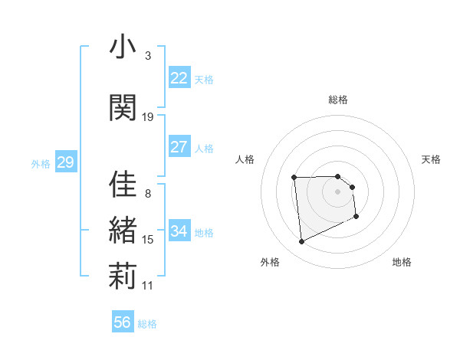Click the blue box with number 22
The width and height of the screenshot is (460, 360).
point(179,78)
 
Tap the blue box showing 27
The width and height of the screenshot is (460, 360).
point(179,147)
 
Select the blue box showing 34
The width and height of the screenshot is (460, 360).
point(179,231)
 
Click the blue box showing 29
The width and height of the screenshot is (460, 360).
point(65,162)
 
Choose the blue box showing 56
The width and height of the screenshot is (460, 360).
point(123,322)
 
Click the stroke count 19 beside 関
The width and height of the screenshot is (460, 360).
point(148,116)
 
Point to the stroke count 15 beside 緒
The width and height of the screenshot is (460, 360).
point(148,240)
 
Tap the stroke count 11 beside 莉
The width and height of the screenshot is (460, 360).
point(148,286)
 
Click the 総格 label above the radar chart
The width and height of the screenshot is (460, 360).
point(338,100)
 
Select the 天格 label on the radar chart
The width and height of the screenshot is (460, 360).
point(432,159)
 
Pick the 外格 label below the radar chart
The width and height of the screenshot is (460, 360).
point(270,262)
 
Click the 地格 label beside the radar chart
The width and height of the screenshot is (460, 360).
point(402,262)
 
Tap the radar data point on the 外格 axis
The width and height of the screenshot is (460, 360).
point(301,242)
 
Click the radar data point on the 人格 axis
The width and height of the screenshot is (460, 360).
point(294,178)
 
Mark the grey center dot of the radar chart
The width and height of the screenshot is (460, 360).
point(338,191)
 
